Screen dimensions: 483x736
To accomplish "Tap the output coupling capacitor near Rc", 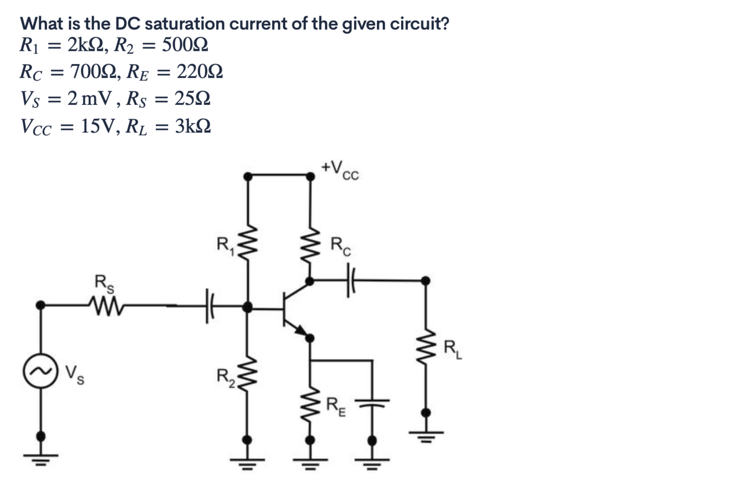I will [x=349, y=281].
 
